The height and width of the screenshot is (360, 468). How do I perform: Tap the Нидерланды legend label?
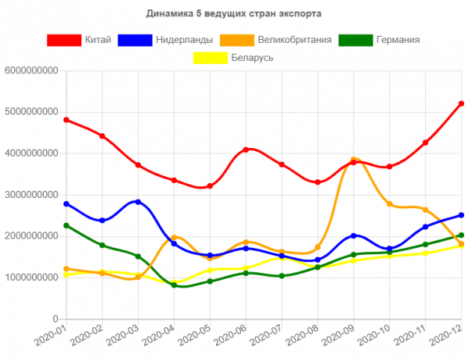click(183, 40)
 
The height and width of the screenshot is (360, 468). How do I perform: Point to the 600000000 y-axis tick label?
click(31, 70)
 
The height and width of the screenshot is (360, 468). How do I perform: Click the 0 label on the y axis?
click(55, 319)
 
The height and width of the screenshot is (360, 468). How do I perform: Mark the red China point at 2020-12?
click(461, 104)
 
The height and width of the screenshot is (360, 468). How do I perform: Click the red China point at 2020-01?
click(66, 120)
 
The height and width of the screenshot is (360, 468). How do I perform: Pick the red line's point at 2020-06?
click(246, 149)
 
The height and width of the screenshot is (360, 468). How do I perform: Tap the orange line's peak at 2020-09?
click(353, 160)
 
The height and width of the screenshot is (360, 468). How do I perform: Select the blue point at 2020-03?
click(138, 202)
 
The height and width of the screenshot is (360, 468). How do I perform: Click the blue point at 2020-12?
click(461, 215)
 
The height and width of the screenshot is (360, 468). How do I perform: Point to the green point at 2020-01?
click(66, 226)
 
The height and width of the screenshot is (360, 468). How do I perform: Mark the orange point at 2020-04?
click(174, 237)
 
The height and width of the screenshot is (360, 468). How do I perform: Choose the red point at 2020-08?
click(317, 182)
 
